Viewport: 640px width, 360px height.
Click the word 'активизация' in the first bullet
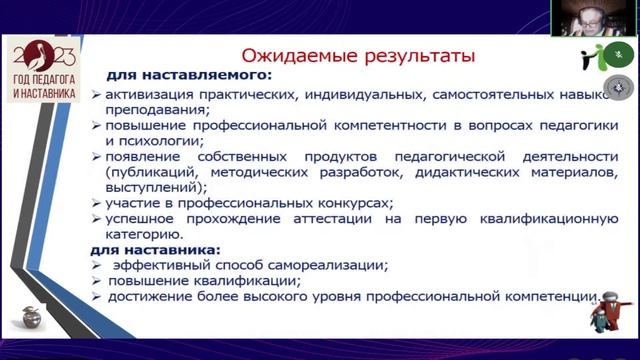[x=148, y=96]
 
